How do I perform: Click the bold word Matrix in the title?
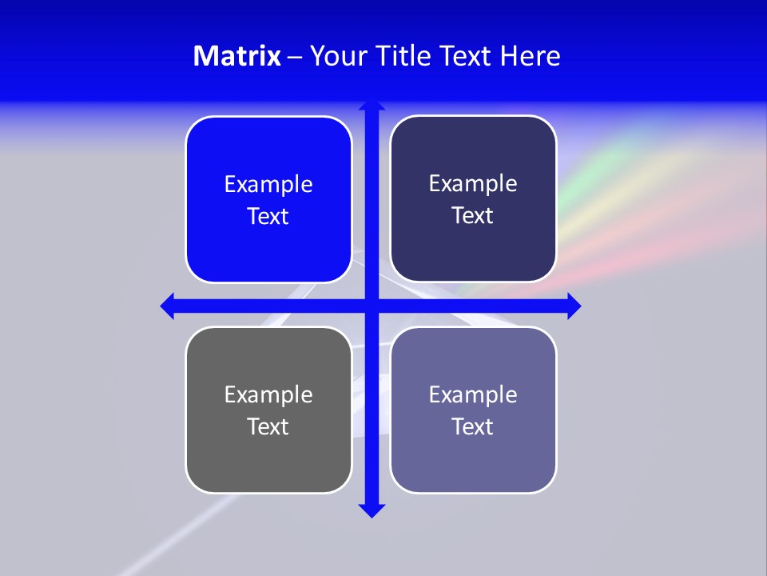(x=236, y=56)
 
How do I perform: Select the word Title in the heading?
(x=403, y=56)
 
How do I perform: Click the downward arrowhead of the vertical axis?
(x=371, y=510)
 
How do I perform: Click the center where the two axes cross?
(x=371, y=306)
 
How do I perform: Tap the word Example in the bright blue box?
(x=268, y=185)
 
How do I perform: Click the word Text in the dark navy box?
(x=473, y=216)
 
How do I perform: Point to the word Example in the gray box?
(x=268, y=394)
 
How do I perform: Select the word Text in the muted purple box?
(x=473, y=426)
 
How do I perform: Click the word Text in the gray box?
(x=268, y=426)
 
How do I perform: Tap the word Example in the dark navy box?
(x=473, y=184)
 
